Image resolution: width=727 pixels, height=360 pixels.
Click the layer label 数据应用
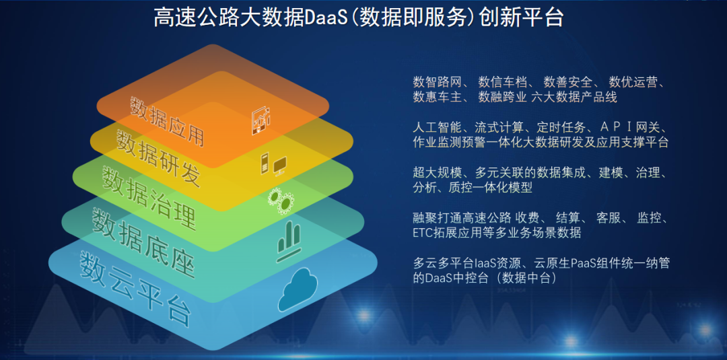tap(168, 121)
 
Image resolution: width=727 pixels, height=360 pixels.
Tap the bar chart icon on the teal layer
tap(289, 242)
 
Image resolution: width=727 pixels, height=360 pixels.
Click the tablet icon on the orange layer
tap(261, 120)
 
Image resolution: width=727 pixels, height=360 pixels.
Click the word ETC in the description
tap(422, 233)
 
